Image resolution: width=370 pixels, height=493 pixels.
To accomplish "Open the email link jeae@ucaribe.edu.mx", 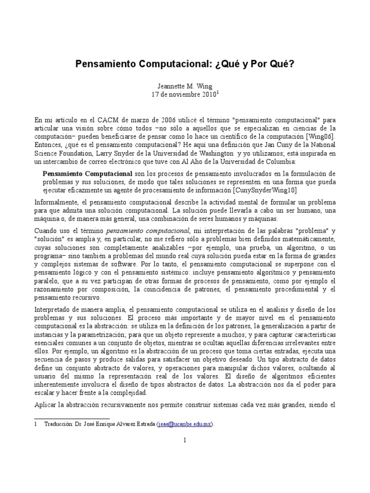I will [x=185, y=424].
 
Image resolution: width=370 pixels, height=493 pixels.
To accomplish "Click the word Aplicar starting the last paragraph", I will [x=46, y=406].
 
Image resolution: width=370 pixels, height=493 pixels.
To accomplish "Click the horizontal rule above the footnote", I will [x=72, y=418].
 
